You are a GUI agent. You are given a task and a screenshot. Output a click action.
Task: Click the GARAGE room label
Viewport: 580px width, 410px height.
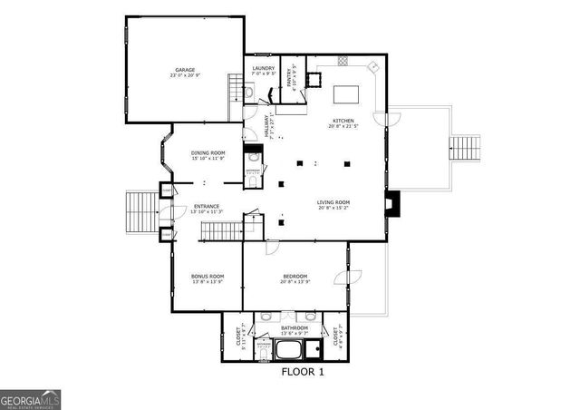tap(185, 70)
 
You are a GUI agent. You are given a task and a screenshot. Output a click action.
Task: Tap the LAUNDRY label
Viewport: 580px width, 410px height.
tap(264, 69)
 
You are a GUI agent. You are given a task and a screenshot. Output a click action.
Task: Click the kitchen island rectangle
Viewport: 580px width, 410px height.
tap(348, 93)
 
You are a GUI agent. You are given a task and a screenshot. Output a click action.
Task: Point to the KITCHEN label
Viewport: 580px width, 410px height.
tap(343, 121)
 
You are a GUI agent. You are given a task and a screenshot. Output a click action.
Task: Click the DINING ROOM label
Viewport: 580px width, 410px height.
tap(208, 153)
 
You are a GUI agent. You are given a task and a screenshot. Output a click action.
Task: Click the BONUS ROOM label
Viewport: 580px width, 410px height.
tap(207, 276)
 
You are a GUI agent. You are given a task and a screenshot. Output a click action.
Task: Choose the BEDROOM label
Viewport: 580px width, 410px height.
tap(295, 276)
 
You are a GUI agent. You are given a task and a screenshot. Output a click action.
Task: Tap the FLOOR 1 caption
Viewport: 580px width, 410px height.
tap(302, 372)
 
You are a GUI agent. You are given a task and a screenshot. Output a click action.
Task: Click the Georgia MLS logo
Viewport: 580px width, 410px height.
tap(30, 399)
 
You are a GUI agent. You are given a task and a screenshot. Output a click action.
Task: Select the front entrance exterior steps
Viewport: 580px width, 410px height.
tap(140, 212)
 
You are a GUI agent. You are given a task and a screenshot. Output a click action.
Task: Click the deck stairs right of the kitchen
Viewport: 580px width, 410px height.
tap(466, 147)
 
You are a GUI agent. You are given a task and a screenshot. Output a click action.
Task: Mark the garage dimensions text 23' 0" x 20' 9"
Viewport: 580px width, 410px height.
tap(185, 75)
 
